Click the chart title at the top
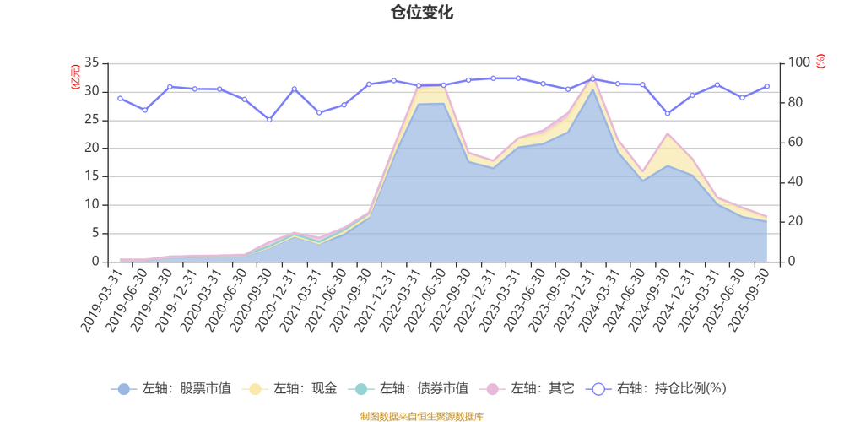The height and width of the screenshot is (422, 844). coord(422,12)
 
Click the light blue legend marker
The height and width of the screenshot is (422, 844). coord(123,389)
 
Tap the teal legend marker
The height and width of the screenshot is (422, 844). coord(360,389)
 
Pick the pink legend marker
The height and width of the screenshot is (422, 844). coord(491,389)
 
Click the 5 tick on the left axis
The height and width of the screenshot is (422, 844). coord(96,233)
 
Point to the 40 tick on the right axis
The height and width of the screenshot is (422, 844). coord(796,181)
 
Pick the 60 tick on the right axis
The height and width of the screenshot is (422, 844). coord(796,142)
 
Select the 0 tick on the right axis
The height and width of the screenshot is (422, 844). coord(793,262)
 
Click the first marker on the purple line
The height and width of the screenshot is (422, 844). coord(120,99)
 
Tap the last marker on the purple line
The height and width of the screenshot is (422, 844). coord(767,85)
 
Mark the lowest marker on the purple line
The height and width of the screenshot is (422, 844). coord(269,121)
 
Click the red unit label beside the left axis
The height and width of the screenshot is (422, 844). coord(75,76)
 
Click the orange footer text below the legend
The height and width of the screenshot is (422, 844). coord(422,414)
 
